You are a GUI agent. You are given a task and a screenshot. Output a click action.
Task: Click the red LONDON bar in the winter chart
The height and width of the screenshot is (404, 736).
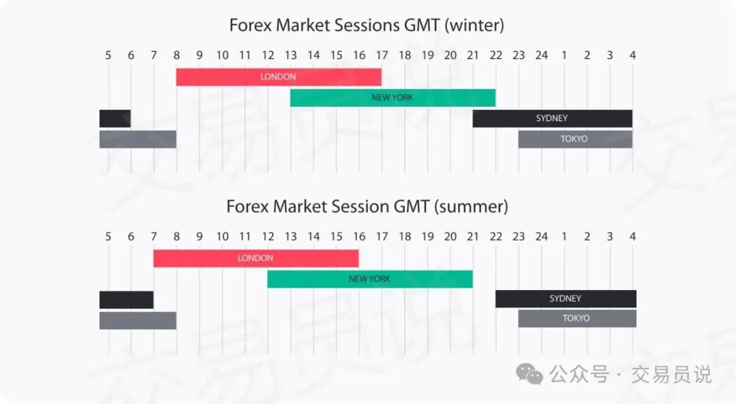point(279,77)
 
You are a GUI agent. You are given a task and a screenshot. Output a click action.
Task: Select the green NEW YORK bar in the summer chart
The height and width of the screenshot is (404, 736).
point(370,279)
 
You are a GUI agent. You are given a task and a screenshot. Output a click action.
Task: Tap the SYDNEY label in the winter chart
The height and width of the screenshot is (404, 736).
point(552,119)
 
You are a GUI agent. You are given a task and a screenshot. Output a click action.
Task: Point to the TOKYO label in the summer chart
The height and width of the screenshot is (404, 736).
point(576,318)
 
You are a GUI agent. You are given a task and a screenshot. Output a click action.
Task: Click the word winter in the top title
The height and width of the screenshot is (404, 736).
point(474,25)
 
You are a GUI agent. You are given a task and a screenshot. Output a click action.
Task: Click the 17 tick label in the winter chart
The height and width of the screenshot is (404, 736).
point(382,55)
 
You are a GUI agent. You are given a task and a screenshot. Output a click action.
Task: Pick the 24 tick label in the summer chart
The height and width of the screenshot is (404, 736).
point(542,236)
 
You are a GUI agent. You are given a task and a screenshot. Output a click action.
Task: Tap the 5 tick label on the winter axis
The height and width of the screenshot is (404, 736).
point(108,55)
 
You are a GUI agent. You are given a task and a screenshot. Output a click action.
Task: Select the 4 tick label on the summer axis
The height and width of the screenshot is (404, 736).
point(632,236)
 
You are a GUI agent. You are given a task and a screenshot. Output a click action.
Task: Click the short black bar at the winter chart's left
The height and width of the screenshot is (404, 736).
point(115,119)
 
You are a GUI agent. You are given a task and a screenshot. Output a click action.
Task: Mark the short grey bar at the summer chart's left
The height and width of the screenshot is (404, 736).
point(138,320)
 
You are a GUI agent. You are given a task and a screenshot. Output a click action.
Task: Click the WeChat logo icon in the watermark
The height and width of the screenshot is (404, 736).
point(529,374)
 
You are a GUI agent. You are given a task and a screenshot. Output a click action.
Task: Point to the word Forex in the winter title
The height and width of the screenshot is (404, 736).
point(250,25)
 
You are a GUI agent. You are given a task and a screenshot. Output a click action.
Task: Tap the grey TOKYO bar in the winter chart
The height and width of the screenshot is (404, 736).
point(575,140)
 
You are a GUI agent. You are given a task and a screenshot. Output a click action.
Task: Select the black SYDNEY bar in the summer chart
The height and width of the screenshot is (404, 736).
point(566,299)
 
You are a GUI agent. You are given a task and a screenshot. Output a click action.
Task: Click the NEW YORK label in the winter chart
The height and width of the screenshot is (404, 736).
point(393,97)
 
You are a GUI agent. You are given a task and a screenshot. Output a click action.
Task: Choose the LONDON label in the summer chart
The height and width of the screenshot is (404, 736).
point(256,258)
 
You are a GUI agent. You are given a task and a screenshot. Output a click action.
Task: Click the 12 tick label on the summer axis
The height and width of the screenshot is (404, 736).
point(268,236)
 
